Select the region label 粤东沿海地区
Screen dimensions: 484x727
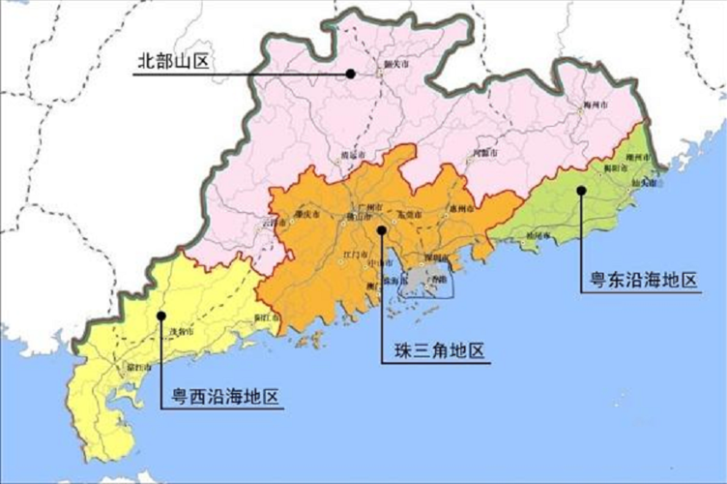point(643,282)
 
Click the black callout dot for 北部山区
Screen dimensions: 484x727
point(352,72)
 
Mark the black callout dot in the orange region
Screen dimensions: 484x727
point(383,230)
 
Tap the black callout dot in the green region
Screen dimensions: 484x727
point(581,190)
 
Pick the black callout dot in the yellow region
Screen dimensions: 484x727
point(162,315)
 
